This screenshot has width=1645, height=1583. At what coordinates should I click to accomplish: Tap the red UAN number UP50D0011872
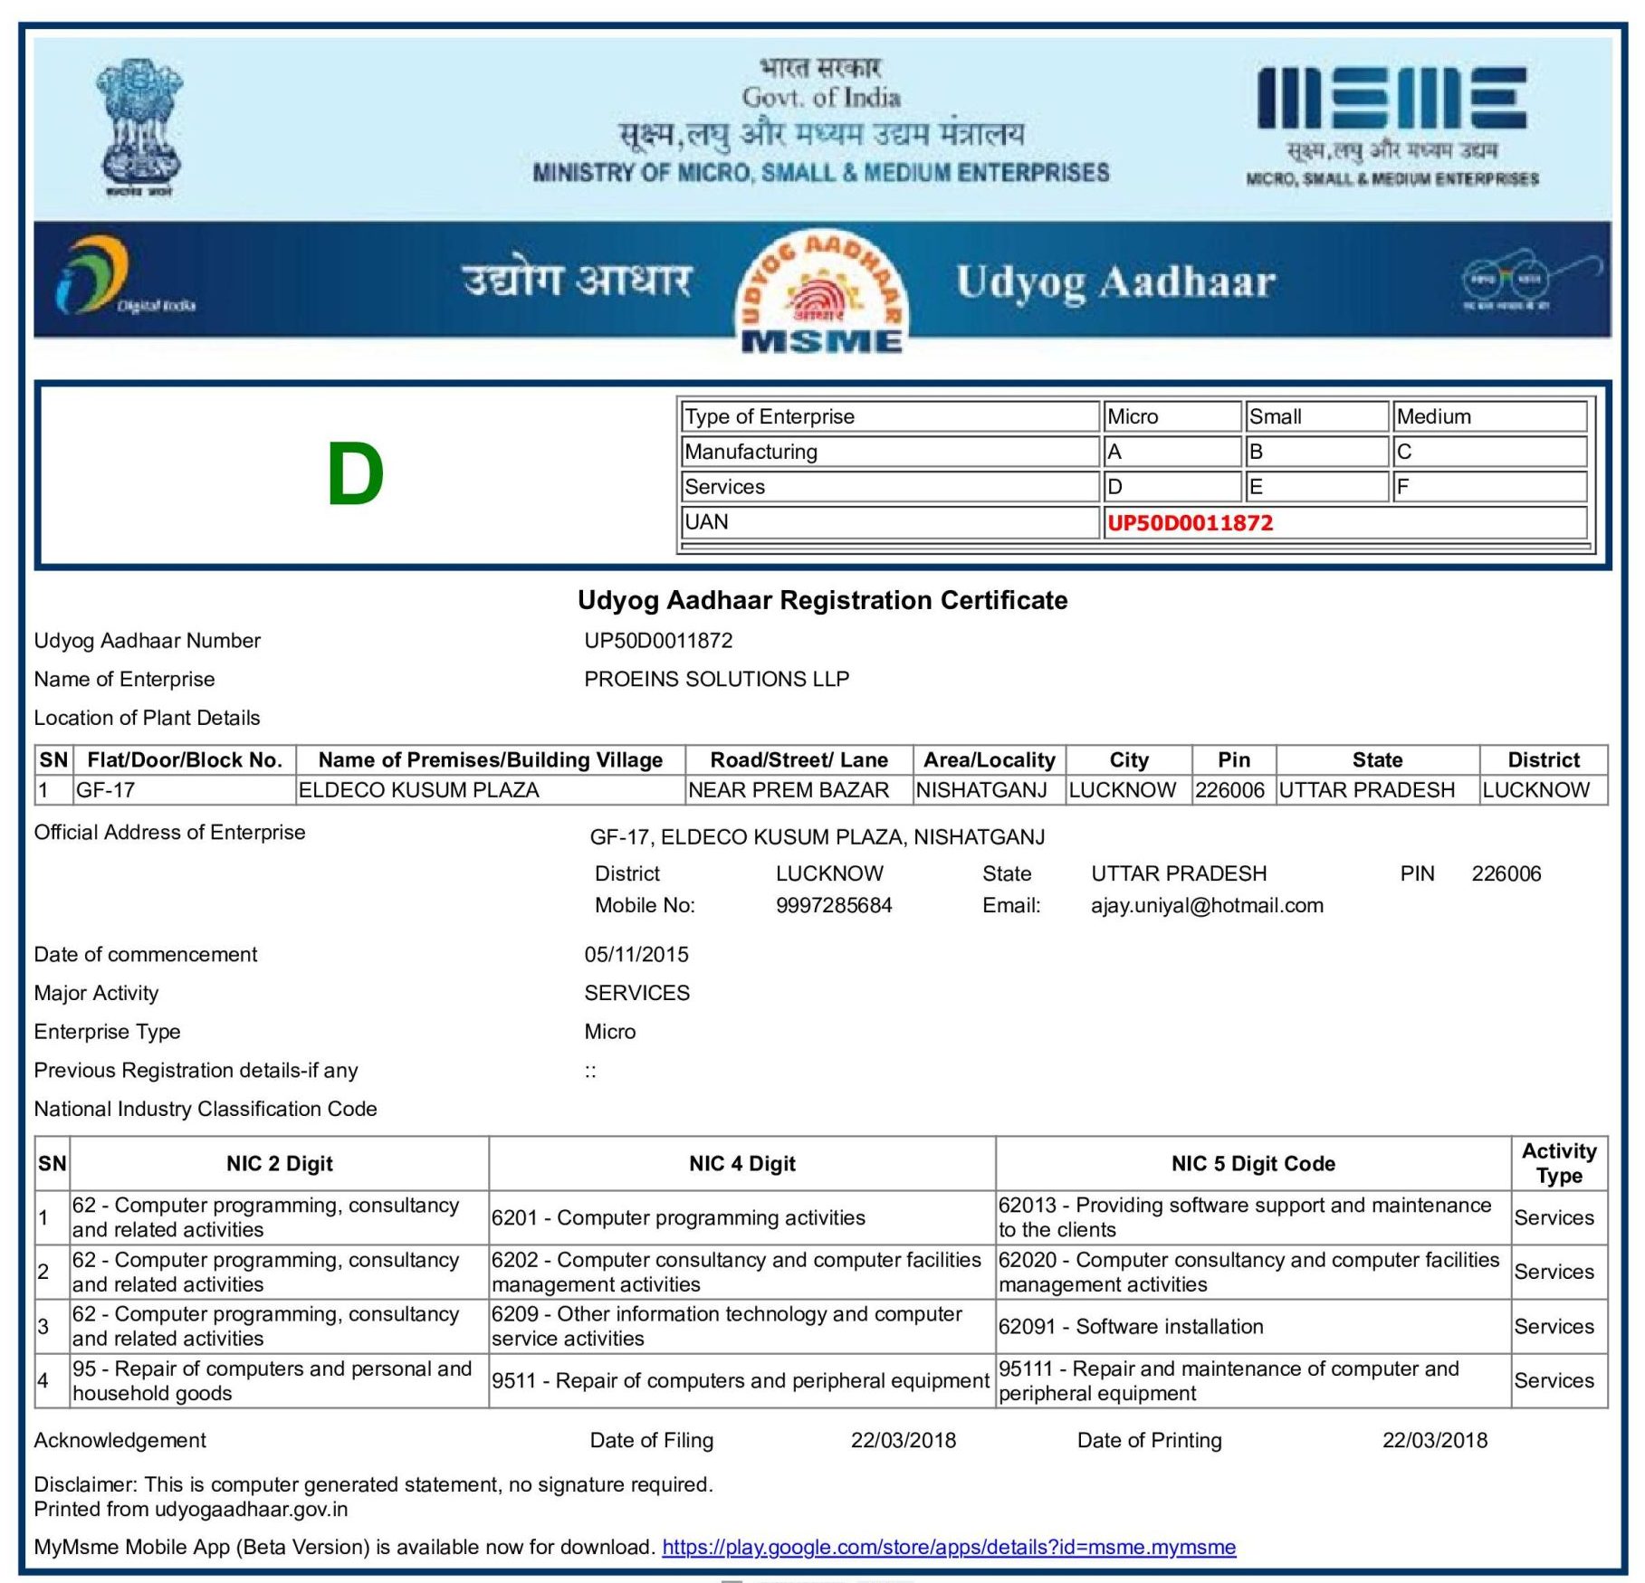click(x=1190, y=523)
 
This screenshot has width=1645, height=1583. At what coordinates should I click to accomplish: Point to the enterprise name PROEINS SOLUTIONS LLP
click(x=716, y=679)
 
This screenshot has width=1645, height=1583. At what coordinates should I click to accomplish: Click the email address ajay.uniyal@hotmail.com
click(x=1206, y=905)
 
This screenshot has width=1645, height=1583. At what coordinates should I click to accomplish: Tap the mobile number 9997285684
click(x=833, y=905)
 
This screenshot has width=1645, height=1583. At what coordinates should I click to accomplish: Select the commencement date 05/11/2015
click(x=636, y=954)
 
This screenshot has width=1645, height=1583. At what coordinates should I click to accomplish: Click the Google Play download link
click(x=948, y=1547)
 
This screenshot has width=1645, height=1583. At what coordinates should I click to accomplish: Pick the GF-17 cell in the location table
click(x=106, y=790)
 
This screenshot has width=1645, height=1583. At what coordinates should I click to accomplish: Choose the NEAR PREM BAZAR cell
click(x=788, y=790)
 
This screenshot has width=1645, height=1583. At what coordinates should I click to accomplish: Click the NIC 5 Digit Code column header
click(x=1252, y=1163)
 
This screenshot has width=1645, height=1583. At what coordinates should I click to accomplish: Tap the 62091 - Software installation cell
click(x=1130, y=1326)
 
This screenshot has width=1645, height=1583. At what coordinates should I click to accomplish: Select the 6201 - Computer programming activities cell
click(x=677, y=1217)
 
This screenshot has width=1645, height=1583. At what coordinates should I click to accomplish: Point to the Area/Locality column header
click(x=989, y=760)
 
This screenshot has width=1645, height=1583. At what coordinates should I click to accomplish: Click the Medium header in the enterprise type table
click(x=1433, y=416)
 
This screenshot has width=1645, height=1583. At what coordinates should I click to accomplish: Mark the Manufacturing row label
click(x=751, y=452)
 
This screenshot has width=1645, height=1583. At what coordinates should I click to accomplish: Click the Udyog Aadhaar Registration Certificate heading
click(x=822, y=600)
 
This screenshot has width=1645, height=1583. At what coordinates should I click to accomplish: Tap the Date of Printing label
click(x=1148, y=1440)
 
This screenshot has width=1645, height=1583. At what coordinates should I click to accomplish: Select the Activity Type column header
click(x=1558, y=1163)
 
